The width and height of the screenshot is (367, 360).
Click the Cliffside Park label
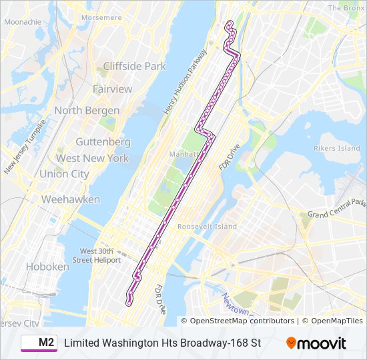pos(134,67)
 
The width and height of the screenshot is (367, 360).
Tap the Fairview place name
pos(112,89)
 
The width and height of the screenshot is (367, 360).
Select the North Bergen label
pos(87,111)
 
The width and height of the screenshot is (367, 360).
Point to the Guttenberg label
pos(103,142)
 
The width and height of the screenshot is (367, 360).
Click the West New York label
pos(92,159)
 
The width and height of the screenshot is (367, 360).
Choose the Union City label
pos(64,174)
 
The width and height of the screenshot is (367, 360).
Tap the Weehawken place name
pos(71,199)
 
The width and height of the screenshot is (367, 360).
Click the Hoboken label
pos(47,266)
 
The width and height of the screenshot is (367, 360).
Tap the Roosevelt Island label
pos(207,227)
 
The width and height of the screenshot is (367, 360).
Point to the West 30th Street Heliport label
pos(95,255)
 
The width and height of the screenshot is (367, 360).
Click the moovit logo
pos(316,343)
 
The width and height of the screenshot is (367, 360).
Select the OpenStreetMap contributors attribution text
pos(242,321)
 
